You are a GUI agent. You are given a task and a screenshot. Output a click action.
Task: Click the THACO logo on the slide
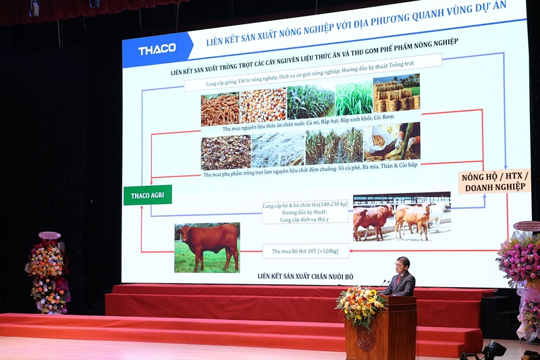click(157, 49)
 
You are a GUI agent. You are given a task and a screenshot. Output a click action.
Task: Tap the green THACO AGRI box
click(147, 195)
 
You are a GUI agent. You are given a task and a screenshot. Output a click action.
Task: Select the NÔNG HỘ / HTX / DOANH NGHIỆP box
click(494, 181)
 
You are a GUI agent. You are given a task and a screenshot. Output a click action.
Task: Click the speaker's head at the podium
click(403, 264)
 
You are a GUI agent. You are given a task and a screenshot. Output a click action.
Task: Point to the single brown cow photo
click(207, 247)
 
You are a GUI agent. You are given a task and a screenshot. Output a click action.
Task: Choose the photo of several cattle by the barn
click(401, 217)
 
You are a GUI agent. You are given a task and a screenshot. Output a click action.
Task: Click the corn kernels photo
click(263, 105)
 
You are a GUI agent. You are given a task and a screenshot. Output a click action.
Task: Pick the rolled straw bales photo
click(396, 94)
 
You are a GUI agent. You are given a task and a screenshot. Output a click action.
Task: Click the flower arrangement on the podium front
click(360, 305)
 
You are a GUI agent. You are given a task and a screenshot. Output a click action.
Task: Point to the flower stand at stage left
click(47, 274)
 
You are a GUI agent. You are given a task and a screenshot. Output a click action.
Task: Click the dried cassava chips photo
click(220, 108)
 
